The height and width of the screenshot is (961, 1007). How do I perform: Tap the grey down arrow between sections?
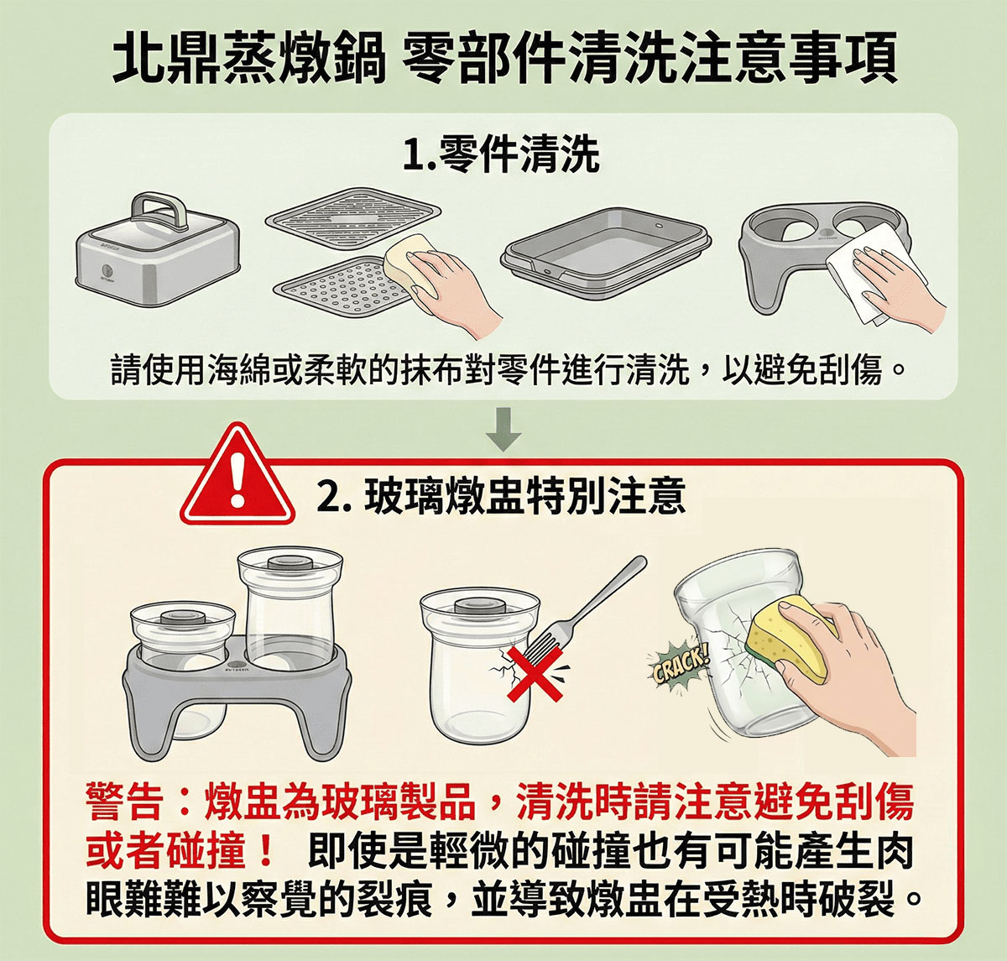pyautogui.click(x=503, y=429)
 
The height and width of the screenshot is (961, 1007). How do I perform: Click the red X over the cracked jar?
pyautogui.click(x=535, y=672)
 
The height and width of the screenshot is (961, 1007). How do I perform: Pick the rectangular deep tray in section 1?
pyautogui.click(x=605, y=253)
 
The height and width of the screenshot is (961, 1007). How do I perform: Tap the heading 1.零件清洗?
pyautogui.click(x=501, y=154)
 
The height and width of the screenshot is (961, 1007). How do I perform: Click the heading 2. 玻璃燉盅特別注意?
pyautogui.click(x=501, y=496)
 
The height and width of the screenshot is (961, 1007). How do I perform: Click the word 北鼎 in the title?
pyautogui.click(x=166, y=56)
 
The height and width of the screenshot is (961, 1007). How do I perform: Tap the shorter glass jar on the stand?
pyautogui.click(x=183, y=635)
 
